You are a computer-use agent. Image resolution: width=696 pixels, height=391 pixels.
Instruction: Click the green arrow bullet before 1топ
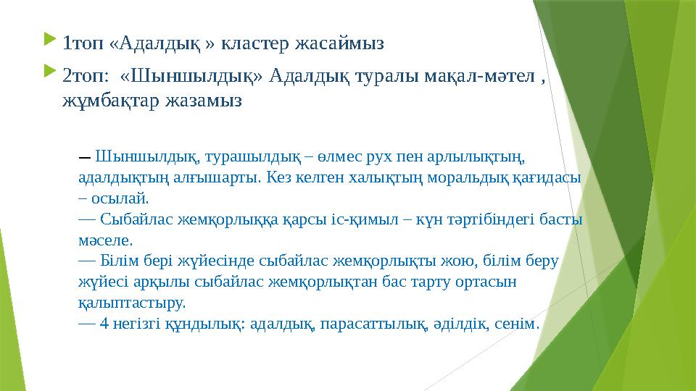pos(49,42)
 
